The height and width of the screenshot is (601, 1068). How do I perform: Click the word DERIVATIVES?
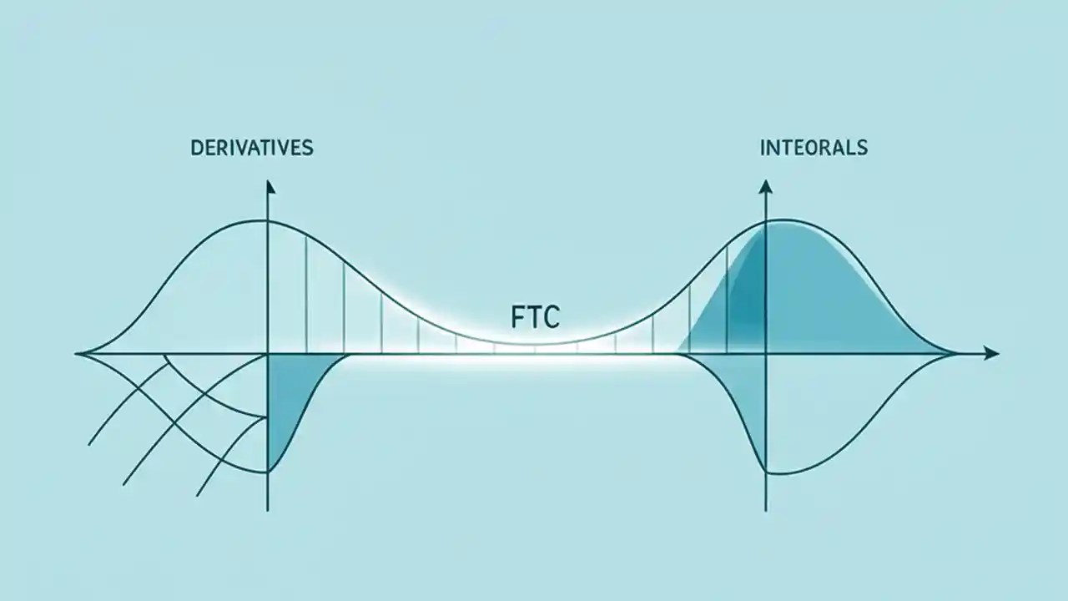point(252,149)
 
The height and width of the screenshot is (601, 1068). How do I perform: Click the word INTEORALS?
point(814,149)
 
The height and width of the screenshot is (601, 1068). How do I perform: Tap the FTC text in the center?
point(535,317)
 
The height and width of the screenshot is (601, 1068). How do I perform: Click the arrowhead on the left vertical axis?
point(268,186)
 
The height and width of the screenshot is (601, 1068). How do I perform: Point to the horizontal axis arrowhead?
point(990,354)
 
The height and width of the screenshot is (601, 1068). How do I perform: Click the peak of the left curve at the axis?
point(268,220)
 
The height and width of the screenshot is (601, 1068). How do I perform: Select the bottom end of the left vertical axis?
point(268,509)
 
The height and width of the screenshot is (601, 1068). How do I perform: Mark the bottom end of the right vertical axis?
point(765,509)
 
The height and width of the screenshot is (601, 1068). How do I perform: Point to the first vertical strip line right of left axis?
point(306,292)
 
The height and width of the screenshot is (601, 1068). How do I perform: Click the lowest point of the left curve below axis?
point(267,472)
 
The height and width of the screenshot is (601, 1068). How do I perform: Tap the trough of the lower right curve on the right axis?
point(766,473)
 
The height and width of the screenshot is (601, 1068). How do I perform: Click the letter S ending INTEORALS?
point(862,149)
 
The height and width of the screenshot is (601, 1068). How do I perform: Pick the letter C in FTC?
point(552,317)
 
